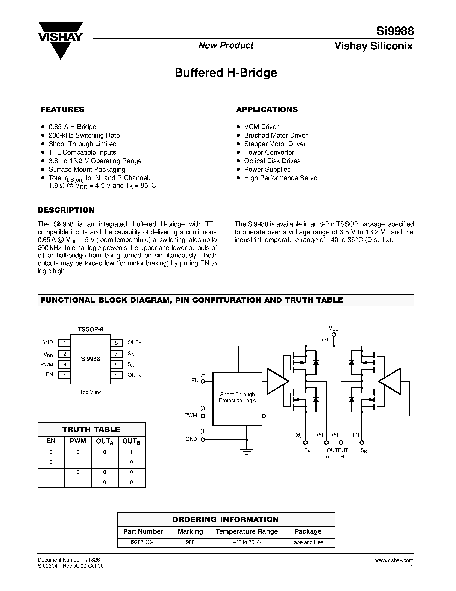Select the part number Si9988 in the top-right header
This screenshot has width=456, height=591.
pos(395,31)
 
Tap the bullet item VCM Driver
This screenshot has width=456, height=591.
pos(261,127)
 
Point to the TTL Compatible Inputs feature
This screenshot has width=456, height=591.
pos(82,152)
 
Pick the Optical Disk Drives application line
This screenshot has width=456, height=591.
pos(272,161)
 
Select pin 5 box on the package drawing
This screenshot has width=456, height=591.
pos(116,375)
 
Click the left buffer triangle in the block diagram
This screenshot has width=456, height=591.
pos(277,381)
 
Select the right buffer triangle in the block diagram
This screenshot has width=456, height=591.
pos(391,381)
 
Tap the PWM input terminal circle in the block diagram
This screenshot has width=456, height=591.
pos(203,416)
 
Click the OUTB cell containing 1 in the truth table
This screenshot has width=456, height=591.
pos(132,452)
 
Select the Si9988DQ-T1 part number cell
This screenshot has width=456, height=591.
pos(143,542)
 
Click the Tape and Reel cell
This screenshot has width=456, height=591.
pos(308,542)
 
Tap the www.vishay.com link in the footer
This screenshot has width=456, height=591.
pos(394,560)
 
